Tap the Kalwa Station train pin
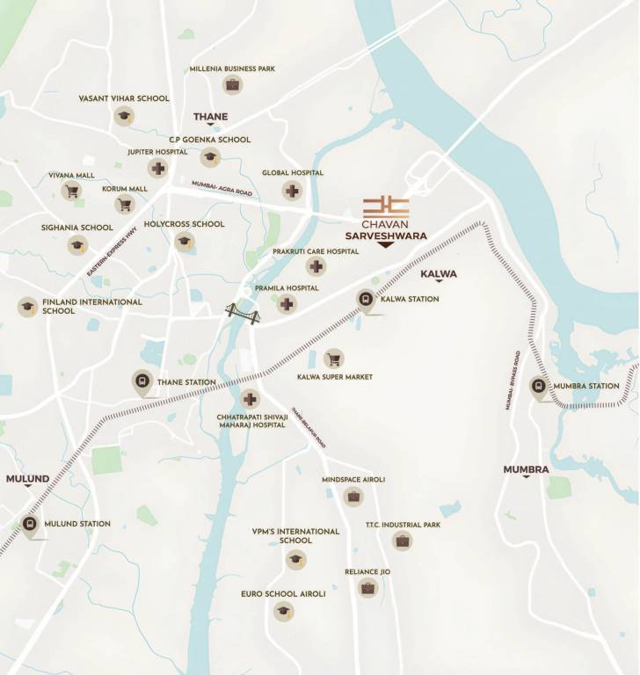tap(365, 299)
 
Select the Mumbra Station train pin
tap(538, 386)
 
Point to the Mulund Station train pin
tap(30, 525)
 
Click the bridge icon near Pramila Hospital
tap(243, 313)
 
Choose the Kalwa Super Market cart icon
tap(333, 359)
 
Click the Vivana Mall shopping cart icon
tap(70, 191)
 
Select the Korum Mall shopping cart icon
tap(124, 204)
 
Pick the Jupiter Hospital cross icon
tap(158, 168)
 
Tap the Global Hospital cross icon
tap(292, 190)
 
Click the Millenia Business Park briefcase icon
tap(232, 84)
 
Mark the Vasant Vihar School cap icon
tap(123, 115)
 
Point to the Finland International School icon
tap(27, 307)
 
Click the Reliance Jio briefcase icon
tap(367, 588)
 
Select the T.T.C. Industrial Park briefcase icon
tap(402, 541)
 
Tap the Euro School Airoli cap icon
tap(283, 611)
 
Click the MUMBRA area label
tap(526, 470)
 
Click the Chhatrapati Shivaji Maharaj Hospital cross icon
tap(251, 398)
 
